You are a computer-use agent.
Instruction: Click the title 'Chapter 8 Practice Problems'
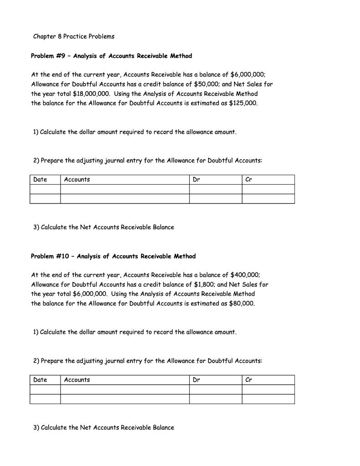[74, 36]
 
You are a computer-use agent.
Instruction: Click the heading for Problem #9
[112, 56]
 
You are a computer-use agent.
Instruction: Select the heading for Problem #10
[113, 256]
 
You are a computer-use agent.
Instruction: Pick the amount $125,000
[243, 103]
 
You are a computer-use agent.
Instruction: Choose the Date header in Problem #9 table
[41, 180]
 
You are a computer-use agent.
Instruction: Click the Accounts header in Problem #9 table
[77, 180]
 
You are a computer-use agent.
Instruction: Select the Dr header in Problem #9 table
[196, 180]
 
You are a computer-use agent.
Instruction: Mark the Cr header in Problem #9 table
[248, 180]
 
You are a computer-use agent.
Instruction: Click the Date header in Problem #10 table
[41, 380]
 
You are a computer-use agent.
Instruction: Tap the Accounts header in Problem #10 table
[77, 380]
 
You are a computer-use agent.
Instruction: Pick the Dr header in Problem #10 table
[196, 380]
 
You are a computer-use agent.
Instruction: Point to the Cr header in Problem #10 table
[248, 380]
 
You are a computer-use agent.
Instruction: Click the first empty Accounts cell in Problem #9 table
[125, 189]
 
